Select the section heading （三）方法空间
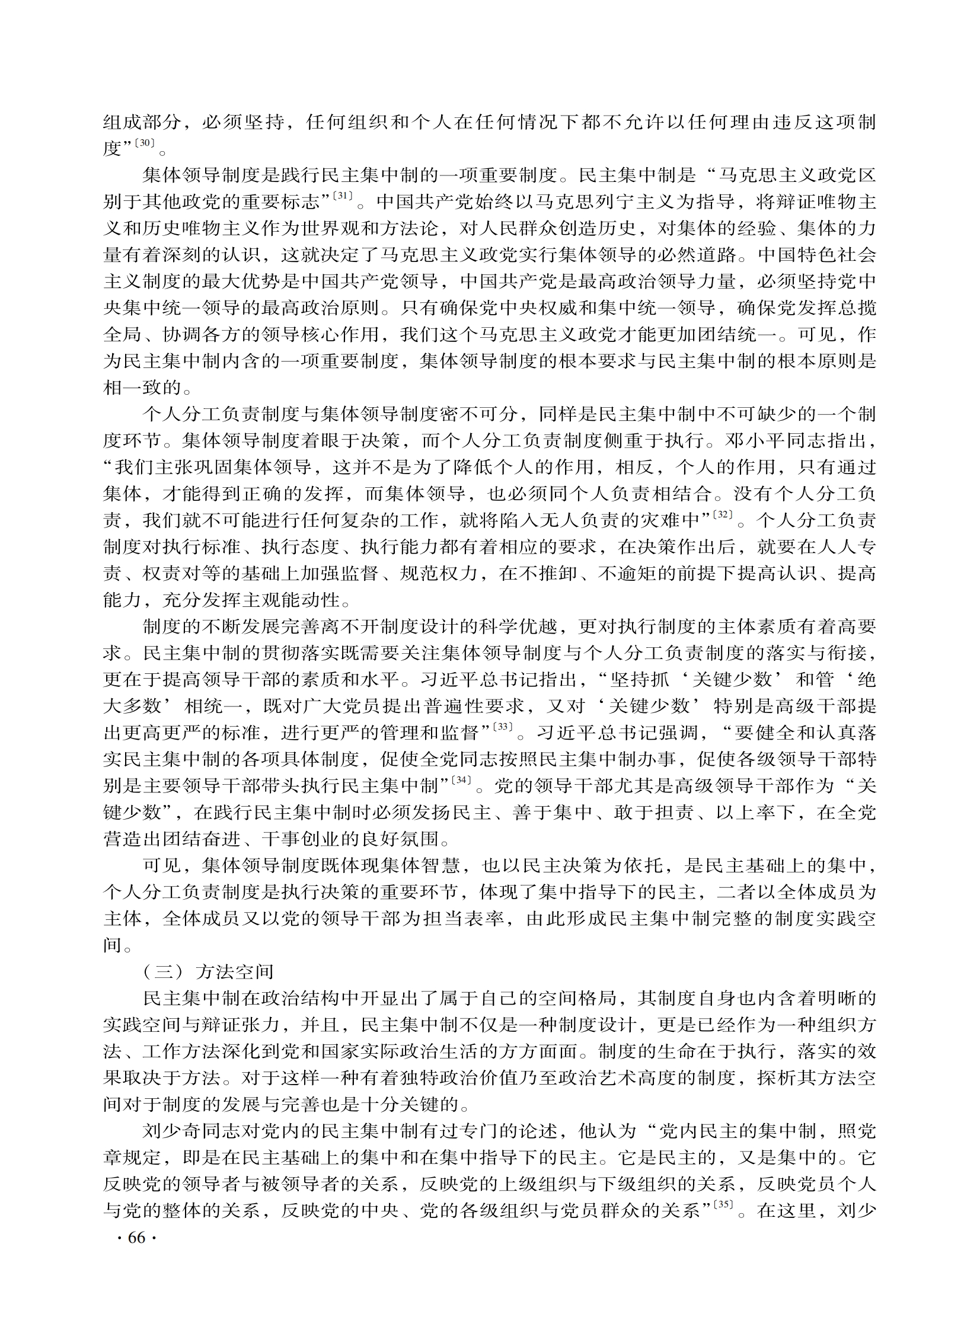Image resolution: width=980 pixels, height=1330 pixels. [x=208, y=972]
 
